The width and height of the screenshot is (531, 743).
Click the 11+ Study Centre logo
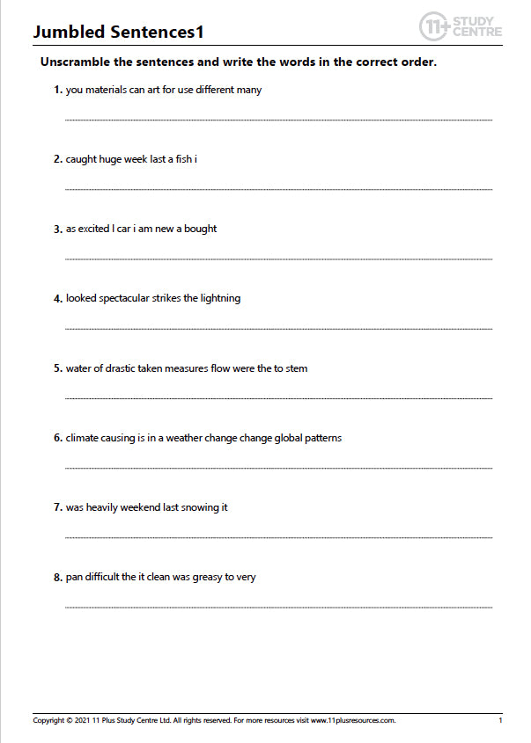coord(461,25)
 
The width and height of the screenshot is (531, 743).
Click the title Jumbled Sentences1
coord(118,33)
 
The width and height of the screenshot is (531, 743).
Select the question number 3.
coord(57,229)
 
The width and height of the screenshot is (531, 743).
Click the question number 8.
coord(57,578)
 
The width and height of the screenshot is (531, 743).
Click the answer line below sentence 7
coord(278,536)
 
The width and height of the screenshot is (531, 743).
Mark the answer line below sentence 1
coord(278,119)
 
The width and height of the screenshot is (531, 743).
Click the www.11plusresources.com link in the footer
coord(352,720)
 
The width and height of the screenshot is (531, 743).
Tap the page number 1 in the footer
coord(500,720)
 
